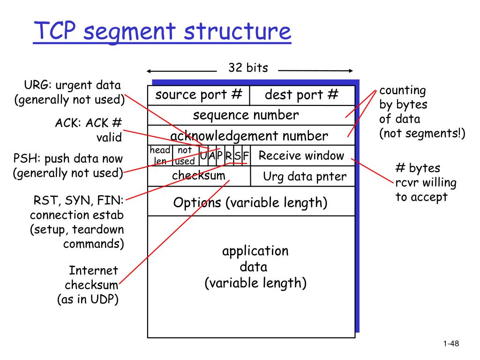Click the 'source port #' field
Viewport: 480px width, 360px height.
199,96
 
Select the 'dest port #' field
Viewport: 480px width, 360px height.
302,96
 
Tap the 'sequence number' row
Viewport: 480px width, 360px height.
251,115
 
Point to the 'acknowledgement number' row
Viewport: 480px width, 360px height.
251,135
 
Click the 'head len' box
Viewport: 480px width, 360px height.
160,156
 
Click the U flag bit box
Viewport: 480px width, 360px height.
203,156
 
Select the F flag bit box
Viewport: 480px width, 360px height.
246,156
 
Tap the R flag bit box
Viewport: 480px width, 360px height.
229,156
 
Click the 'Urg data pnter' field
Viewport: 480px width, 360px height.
303,176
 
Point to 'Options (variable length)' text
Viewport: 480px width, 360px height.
250,202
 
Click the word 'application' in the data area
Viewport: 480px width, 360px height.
255,252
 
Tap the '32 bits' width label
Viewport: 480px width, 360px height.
248,67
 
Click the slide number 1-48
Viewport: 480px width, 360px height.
451,344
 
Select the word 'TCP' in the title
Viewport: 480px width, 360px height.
55,30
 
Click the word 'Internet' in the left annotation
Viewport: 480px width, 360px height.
93,270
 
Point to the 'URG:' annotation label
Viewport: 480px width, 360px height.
38,85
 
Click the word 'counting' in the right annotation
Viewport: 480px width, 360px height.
403,90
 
